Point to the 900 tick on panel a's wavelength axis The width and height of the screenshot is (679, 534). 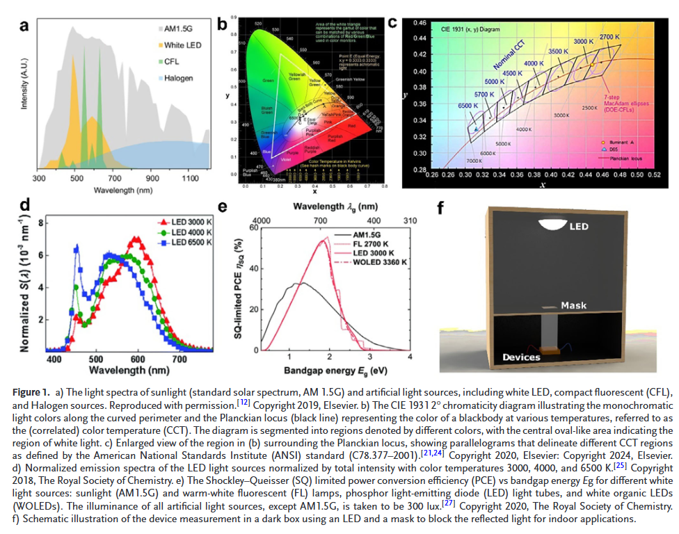coord(148,179)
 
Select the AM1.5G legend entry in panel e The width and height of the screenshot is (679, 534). coord(365,235)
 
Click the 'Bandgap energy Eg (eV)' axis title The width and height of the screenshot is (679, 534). coord(334,372)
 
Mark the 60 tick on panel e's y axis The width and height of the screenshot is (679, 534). coord(254,227)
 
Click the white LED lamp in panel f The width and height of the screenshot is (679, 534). coord(553,225)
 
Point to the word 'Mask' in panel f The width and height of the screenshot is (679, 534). coord(574,305)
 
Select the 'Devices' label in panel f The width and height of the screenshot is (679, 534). coord(522,357)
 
